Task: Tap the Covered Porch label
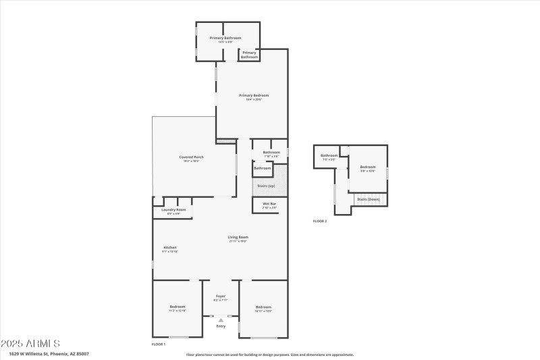192,158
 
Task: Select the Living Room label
238,238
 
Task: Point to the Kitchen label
170,249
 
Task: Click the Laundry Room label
173,211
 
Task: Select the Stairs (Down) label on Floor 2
368,200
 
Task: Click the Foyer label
221,297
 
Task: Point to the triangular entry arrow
221,320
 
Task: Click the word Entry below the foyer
221,327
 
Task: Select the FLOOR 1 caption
159,344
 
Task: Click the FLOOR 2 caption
319,221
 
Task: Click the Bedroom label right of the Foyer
263,308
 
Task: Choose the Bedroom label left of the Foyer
177,308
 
